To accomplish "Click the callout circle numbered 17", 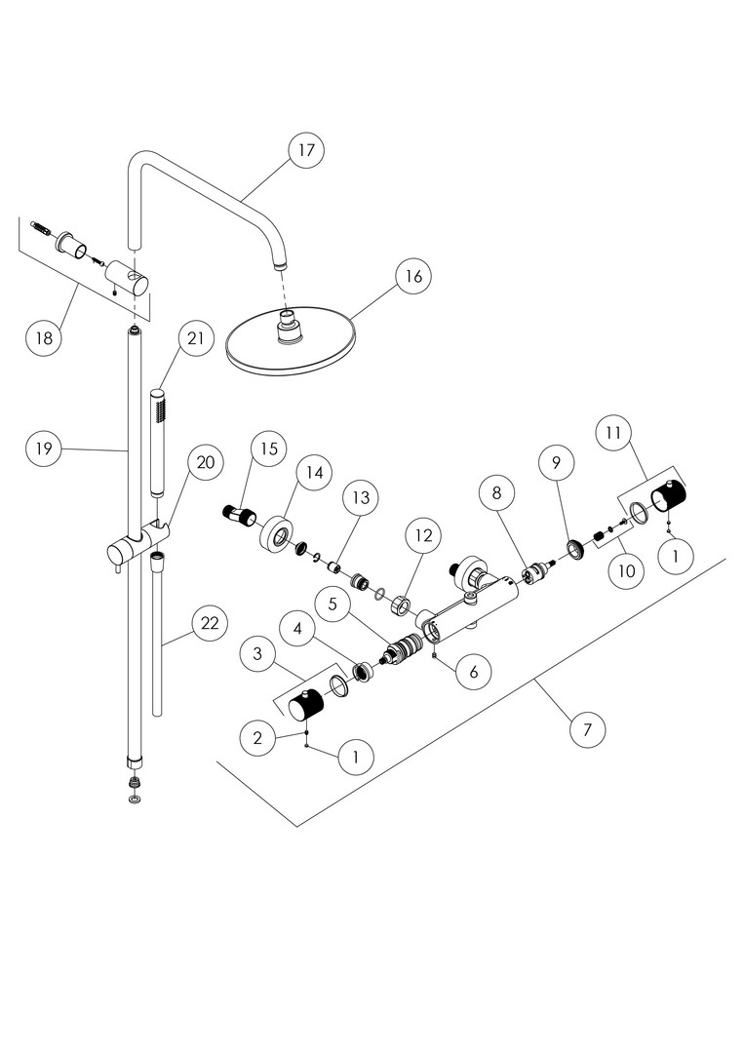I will coord(306,151).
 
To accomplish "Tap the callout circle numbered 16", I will coord(413,277).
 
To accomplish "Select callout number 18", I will coord(45,338).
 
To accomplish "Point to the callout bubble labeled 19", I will coord(45,449).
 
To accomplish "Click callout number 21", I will coord(196,338).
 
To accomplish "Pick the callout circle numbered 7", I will coord(586,728).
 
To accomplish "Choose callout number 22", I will coord(209,624).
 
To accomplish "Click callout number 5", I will coord(333,604).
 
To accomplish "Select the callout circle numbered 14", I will coord(313,473).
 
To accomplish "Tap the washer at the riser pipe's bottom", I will coord(134,799).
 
